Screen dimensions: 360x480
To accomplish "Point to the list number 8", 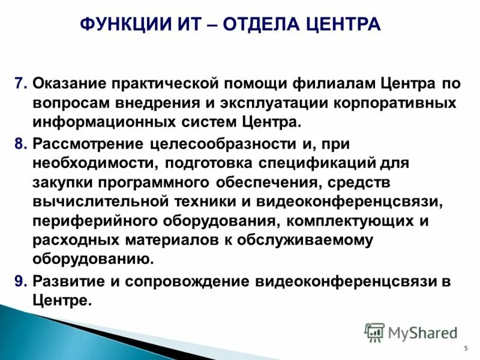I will click(x=20, y=145).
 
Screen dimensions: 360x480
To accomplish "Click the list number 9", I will click(x=20, y=281).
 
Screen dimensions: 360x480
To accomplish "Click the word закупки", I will click(x=62, y=184).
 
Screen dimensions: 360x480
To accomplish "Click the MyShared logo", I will click(x=411, y=332).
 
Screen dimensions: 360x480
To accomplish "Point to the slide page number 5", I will click(x=466, y=349).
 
